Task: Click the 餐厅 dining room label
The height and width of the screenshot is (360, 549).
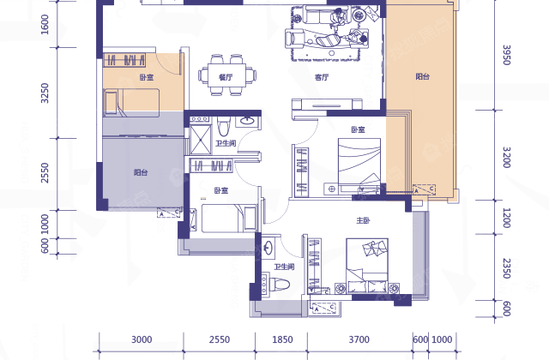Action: pyautogui.click(x=226, y=77)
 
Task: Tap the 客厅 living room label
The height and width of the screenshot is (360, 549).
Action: pyautogui.click(x=322, y=77)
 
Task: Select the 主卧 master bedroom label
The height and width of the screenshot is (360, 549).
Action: pyautogui.click(x=363, y=220)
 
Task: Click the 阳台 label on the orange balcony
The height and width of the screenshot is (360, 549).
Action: pyautogui.click(x=423, y=76)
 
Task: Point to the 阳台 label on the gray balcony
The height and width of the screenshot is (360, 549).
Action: pyautogui.click(x=141, y=172)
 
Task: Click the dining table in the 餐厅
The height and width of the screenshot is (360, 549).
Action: pyautogui.click(x=226, y=75)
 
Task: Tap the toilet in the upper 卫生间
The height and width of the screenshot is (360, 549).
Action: pyautogui.click(x=223, y=126)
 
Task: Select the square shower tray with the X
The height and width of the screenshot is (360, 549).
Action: pyautogui.click(x=201, y=140)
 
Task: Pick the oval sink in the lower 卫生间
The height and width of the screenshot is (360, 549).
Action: pyautogui.click(x=268, y=248)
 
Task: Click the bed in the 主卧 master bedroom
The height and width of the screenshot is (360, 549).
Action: pyautogui.click(x=367, y=266)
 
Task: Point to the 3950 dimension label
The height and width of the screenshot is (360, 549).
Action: pyautogui.click(x=506, y=55)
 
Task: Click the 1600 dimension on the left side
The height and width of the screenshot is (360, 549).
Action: pyautogui.click(x=45, y=24)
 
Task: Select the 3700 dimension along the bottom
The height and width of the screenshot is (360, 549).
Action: pyautogui.click(x=359, y=339)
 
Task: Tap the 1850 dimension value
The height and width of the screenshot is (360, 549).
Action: pyautogui.click(x=282, y=339)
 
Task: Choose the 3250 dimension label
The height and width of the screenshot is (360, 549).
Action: pyautogui.click(x=45, y=93)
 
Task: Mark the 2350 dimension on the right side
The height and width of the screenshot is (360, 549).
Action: pyautogui.click(x=506, y=268)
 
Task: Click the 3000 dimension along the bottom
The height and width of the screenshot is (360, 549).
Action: pyautogui.click(x=142, y=339)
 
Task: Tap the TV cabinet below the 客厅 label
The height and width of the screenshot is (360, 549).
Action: pyautogui.click(x=327, y=104)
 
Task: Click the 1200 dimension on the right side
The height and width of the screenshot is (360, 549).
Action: pyautogui.click(x=506, y=218)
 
